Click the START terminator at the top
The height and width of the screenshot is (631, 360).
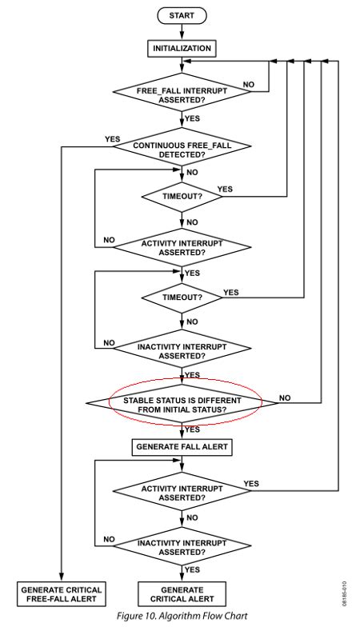(182, 15)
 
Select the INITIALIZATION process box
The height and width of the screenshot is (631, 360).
(182, 49)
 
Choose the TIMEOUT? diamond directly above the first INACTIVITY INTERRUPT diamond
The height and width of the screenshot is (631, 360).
(182, 298)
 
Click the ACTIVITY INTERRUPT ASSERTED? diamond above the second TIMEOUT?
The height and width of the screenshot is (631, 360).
(182, 248)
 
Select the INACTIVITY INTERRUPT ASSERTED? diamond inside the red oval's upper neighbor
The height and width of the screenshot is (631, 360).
(182, 350)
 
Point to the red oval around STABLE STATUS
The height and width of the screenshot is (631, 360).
(182, 401)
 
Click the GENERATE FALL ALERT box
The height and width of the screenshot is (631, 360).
(182, 447)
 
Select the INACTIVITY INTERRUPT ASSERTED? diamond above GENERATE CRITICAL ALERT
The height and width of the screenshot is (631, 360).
(182, 545)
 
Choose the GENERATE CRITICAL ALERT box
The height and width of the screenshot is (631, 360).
(182, 594)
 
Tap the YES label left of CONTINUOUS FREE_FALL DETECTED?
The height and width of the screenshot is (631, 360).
(113, 139)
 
